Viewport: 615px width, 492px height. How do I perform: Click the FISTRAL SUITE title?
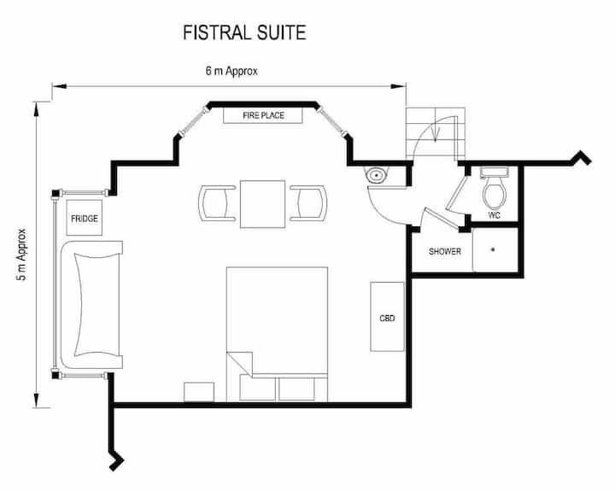[244, 32]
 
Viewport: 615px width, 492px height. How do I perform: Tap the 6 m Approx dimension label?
[231, 71]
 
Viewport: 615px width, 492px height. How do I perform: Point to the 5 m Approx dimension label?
[21, 255]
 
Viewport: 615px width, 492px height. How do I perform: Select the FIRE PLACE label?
[263, 115]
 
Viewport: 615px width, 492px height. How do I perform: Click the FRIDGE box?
[85, 218]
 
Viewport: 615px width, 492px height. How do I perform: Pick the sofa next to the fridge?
[91, 305]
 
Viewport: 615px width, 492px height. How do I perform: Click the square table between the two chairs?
[263, 204]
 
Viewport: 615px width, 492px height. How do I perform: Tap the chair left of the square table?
[217, 203]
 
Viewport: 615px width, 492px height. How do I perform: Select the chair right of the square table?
[308, 203]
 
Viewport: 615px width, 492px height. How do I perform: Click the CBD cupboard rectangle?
[387, 317]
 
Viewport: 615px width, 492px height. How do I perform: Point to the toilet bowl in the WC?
[495, 193]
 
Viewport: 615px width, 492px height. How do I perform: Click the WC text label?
[495, 215]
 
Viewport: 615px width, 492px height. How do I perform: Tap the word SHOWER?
[445, 251]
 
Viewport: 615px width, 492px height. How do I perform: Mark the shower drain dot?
[493, 249]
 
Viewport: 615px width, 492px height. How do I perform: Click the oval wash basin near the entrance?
[377, 175]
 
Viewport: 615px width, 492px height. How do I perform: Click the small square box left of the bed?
[199, 392]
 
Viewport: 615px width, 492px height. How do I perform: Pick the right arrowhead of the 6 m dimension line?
[399, 86]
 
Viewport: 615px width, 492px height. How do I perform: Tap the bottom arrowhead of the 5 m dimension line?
[37, 401]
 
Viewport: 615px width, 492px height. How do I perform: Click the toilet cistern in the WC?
[495, 172]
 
